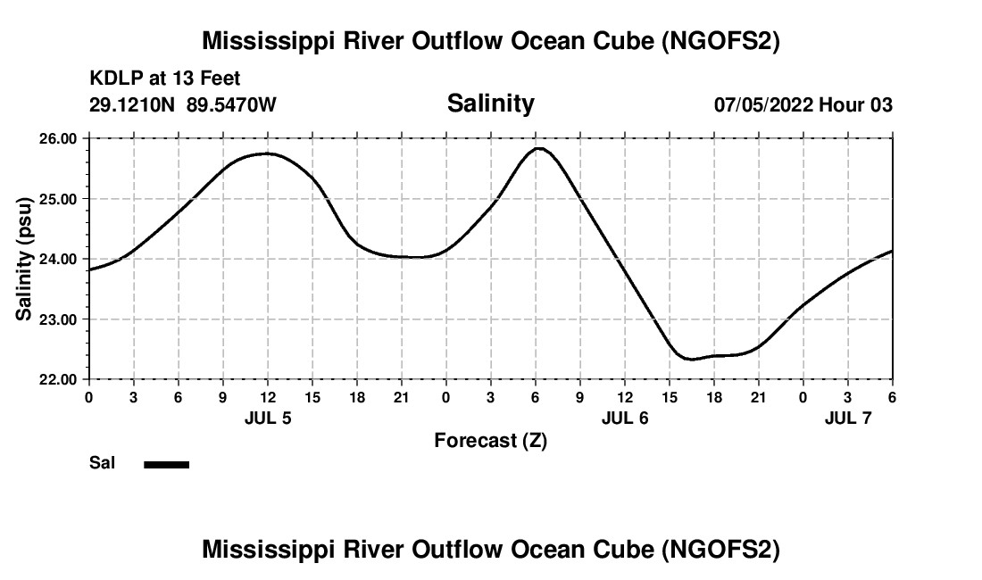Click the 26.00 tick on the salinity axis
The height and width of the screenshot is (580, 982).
pos(60,138)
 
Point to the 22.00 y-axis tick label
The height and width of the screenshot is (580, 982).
pos(60,379)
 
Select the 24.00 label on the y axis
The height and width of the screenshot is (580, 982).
pos(60,259)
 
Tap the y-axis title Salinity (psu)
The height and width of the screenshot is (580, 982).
pos(24,259)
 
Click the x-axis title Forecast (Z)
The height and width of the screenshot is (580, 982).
pos(490,440)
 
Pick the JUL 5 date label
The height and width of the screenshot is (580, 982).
pos(268,417)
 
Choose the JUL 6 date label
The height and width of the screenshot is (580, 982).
pos(625,417)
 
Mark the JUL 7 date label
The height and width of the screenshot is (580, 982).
pos(848,417)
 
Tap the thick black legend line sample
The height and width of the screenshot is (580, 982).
pos(167,464)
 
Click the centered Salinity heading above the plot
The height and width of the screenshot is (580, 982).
pos(490,104)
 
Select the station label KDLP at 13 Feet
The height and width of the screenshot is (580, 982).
pos(165,79)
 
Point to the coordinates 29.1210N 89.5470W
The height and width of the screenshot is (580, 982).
pos(183,104)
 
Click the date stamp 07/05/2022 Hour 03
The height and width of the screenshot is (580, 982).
pos(803,104)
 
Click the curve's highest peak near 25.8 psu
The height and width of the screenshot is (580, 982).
pos(538,148)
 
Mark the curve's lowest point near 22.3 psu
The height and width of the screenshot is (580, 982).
pos(690,359)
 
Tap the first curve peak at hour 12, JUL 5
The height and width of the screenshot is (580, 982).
pos(267,153)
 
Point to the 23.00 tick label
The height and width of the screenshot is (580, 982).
pos(60,319)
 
